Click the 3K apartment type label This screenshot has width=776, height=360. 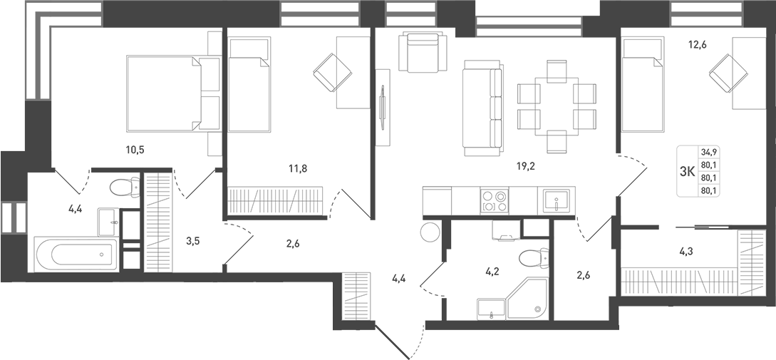click(x=687, y=172)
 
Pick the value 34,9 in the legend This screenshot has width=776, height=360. click(x=709, y=152)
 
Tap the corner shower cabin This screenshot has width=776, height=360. click(x=528, y=300)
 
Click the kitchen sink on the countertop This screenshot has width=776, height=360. click(x=557, y=201)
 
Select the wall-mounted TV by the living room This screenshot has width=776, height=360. click(x=383, y=107)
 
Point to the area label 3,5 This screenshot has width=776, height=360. click(x=192, y=240)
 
